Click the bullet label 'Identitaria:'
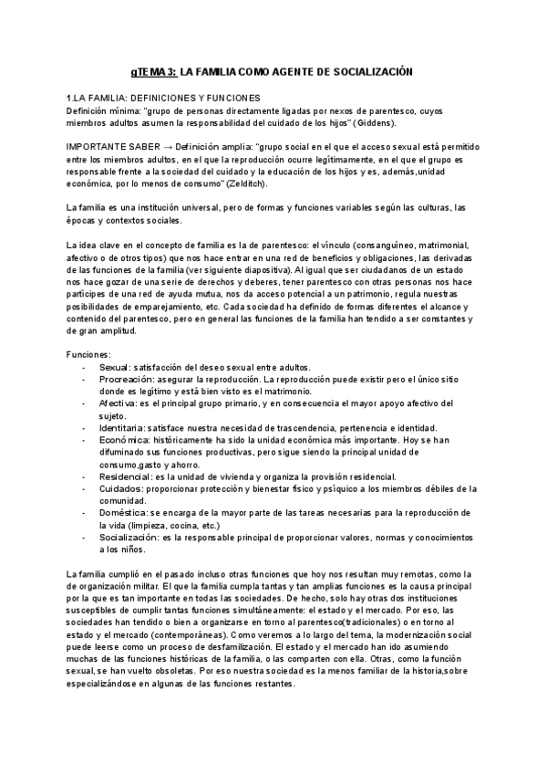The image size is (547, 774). coord(123,428)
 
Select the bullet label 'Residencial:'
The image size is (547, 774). coord(126,477)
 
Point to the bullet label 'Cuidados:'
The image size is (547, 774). coord(120,490)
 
